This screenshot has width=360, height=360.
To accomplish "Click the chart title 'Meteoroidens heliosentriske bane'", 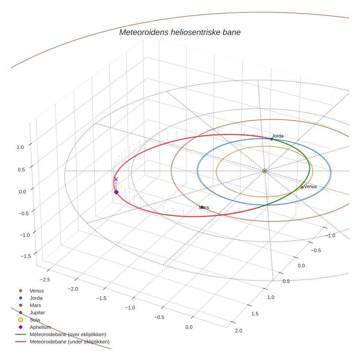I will [x=180, y=32].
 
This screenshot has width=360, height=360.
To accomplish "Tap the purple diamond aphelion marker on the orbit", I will [x=116, y=192].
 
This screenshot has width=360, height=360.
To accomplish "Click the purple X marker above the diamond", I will [x=116, y=179].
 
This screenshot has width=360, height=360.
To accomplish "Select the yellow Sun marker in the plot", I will [x=265, y=171].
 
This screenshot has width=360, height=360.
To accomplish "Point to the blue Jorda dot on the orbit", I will [x=271, y=139].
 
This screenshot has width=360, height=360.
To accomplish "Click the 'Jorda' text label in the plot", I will [x=278, y=136].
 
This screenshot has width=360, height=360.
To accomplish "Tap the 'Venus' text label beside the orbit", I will [x=311, y=187].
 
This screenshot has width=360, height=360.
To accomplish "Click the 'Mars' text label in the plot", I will [x=204, y=207].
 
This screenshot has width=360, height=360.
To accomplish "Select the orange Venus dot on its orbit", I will [x=302, y=187].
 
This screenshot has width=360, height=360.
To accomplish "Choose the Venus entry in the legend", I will [x=37, y=291].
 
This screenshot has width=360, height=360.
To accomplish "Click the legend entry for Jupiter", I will [x=37, y=313].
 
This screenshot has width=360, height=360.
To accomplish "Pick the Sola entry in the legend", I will [x=35, y=320].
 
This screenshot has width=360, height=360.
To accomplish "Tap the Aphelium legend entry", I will [x=40, y=327].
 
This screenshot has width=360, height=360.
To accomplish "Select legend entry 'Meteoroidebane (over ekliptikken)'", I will [x=68, y=334].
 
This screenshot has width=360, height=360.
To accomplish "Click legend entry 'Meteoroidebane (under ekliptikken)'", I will [x=69, y=342].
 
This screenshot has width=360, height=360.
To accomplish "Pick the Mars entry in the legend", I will [x=35, y=305].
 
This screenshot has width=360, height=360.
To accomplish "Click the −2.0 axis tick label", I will [x=73, y=289].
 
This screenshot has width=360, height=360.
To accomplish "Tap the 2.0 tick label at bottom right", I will [x=238, y=331].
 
